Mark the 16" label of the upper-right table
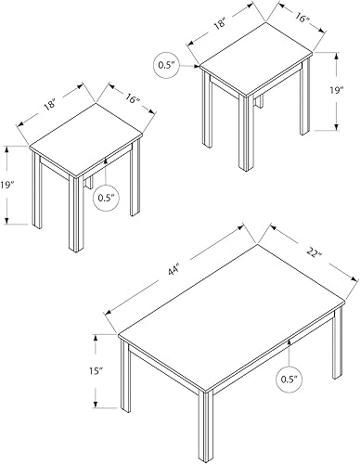pos(302,16)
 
